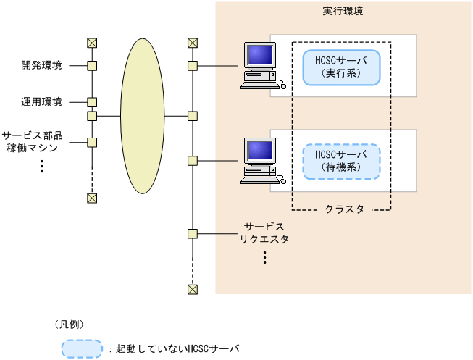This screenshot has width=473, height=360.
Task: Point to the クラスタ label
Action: click(x=344, y=211)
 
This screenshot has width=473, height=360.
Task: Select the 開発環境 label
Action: click(x=41, y=66)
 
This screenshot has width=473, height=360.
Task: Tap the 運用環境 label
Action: click(x=41, y=101)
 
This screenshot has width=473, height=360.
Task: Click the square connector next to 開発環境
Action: click(x=92, y=66)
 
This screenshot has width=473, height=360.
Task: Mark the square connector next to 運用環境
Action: click(x=92, y=101)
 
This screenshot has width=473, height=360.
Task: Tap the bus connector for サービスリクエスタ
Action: click(x=192, y=233)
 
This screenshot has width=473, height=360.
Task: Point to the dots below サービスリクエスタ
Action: click(x=264, y=257)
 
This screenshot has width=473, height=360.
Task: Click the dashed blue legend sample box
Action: click(x=83, y=348)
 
